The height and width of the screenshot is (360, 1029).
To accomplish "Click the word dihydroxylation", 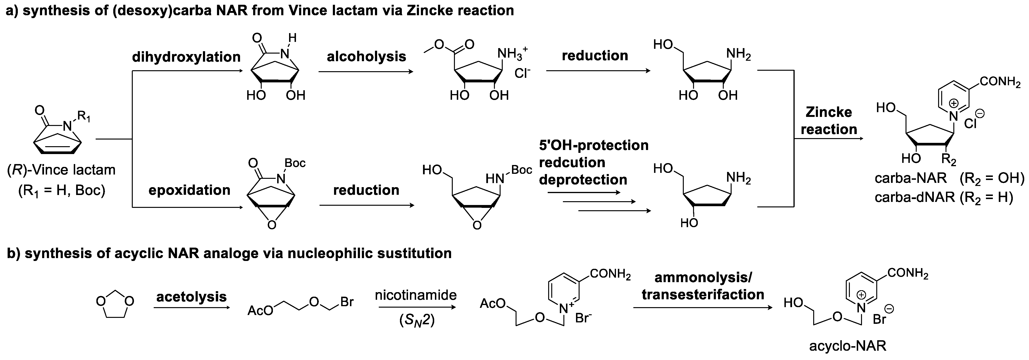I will click(186, 57).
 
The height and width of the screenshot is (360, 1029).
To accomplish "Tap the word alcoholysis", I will click(366, 56).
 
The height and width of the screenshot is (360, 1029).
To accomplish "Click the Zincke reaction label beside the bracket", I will click(829, 121).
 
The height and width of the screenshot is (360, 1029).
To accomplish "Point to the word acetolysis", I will click(191, 297).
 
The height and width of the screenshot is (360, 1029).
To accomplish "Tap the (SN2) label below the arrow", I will click(417, 320).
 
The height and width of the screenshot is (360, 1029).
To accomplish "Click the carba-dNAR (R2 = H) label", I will click(944, 197).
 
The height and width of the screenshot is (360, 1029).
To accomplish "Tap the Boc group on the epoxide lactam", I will click(295, 163).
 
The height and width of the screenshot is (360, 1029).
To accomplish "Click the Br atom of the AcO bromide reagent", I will click(347, 302).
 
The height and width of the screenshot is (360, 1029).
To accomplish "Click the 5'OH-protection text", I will click(594, 145).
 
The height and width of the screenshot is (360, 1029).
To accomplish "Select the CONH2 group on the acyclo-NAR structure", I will click(908, 274).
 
